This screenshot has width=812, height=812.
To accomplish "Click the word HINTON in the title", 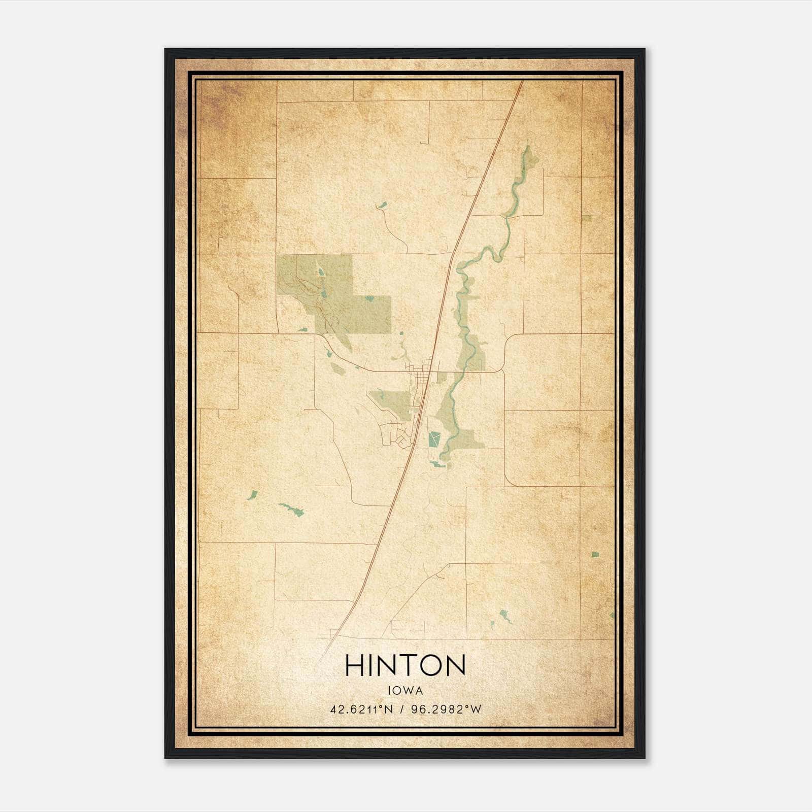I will pos(405,665).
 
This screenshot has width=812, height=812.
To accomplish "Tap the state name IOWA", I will pos(405,691).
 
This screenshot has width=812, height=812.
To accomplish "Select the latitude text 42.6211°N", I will pos(362,709).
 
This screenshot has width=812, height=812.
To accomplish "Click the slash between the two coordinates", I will pos(402,709).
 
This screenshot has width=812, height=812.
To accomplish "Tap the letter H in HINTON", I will pos(355,665).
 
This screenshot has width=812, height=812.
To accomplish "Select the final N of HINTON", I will pos(456,665).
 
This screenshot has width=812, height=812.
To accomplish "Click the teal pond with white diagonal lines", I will pos(434,439).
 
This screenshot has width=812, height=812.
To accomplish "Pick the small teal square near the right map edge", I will pos(595,554).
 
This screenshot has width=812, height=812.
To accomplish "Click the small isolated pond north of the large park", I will pos(382,206).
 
